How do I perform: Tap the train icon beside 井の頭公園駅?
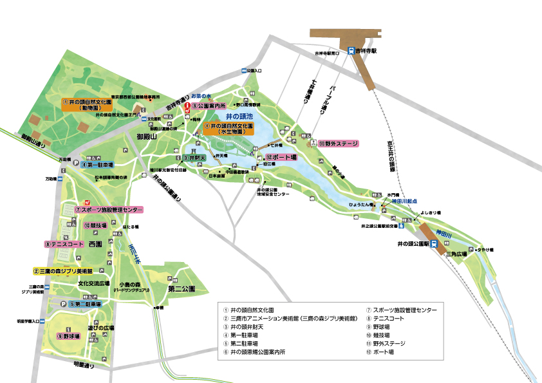tap(435, 244)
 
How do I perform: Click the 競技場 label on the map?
tap(98, 225)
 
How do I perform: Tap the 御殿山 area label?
tap(147, 135)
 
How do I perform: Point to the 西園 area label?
tap(96, 245)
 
